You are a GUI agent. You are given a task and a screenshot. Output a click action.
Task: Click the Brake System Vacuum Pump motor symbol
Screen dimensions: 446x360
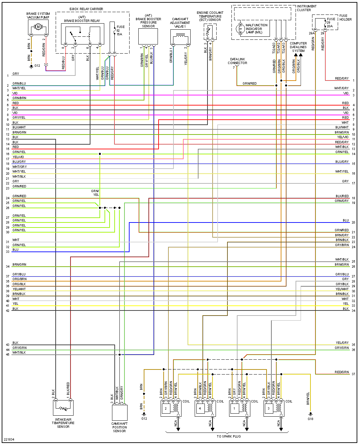click(x=38, y=27)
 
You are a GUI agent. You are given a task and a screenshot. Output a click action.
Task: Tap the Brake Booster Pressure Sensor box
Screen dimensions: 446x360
click(x=148, y=36)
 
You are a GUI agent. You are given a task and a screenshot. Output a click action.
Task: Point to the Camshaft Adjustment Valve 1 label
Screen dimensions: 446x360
click(x=180, y=23)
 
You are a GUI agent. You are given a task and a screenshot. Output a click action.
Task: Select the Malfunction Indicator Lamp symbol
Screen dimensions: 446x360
click(x=241, y=29)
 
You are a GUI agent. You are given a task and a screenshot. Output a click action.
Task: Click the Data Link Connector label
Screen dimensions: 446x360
click(x=238, y=61)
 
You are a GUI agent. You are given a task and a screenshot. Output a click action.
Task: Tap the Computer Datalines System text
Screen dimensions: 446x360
click(x=298, y=47)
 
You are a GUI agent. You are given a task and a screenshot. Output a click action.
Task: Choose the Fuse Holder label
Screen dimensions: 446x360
click(x=345, y=18)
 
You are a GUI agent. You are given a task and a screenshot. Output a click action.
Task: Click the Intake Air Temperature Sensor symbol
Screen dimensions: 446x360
click(x=63, y=408)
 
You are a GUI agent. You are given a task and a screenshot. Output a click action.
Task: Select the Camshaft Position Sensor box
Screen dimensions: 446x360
click(x=119, y=412)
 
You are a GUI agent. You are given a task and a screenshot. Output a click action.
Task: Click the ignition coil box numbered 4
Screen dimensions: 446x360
click(x=200, y=408)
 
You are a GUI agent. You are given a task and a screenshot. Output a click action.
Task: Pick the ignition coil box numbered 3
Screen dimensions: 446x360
click(x=269, y=408)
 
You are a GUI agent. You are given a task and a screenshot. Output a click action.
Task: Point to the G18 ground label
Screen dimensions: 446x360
click(x=310, y=419)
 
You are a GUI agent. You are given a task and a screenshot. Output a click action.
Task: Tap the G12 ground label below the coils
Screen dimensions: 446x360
click(x=144, y=419)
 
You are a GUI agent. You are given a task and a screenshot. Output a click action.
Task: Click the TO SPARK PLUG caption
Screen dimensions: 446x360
click(x=229, y=437)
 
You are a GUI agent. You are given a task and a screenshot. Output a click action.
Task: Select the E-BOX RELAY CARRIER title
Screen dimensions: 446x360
click(x=86, y=9)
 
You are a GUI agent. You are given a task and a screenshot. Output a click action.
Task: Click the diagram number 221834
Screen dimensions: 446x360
click(x=9, y=440)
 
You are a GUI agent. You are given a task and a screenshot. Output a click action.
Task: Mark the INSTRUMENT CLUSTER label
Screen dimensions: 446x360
click(x=306, y=8)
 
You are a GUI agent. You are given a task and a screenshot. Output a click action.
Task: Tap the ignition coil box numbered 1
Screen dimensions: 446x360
click(x=234, y=408)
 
